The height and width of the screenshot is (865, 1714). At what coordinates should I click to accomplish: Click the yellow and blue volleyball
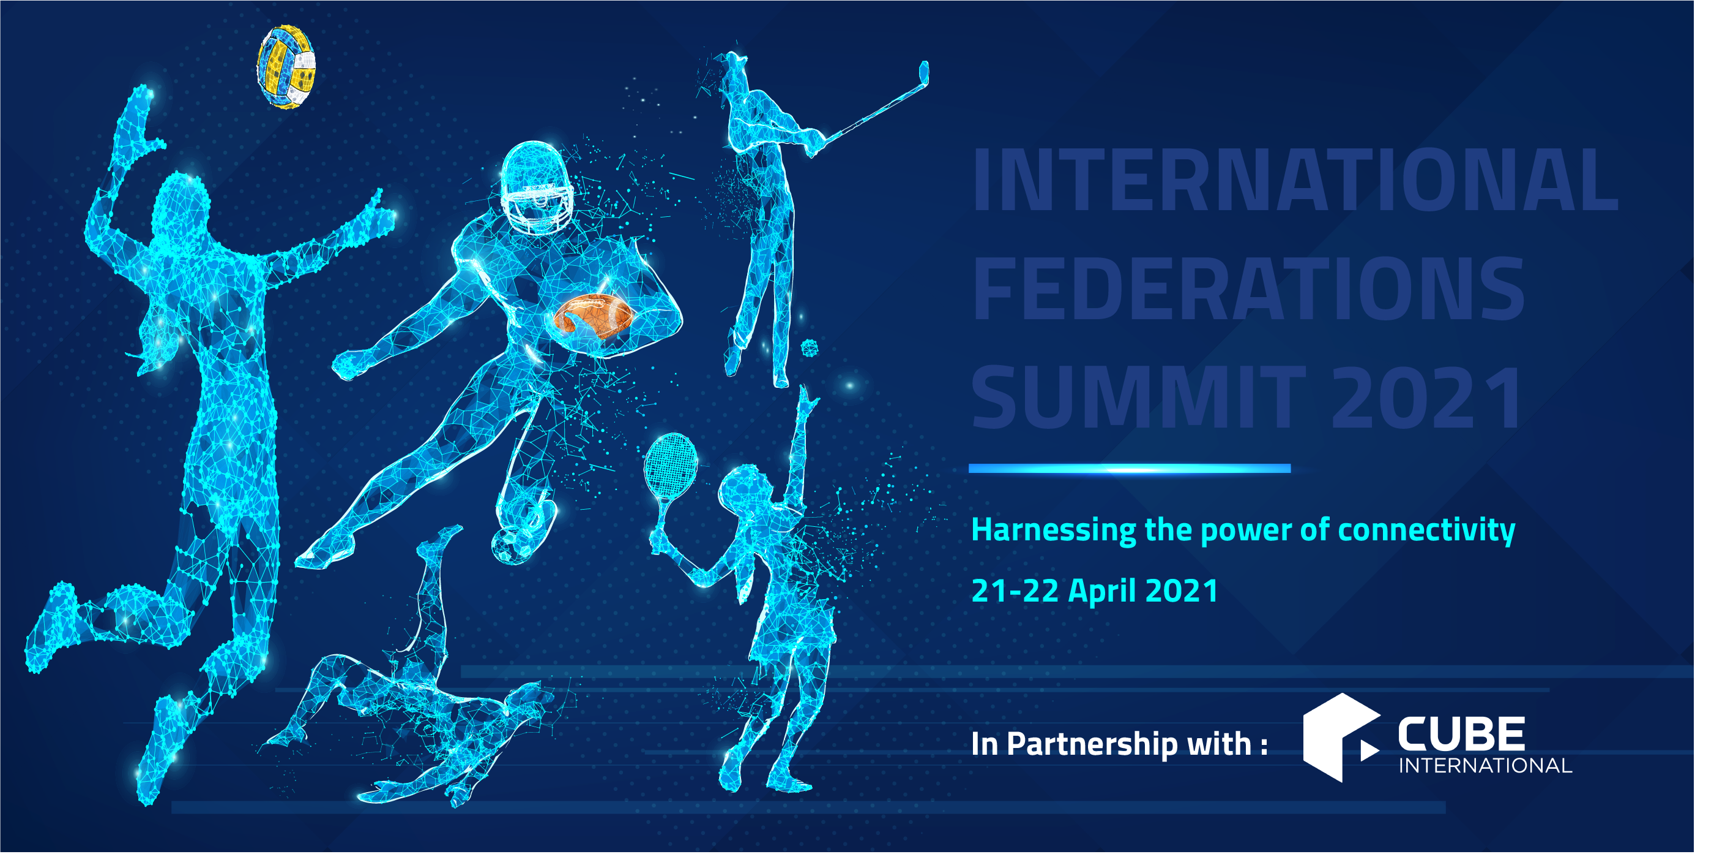click(x=287, y=67)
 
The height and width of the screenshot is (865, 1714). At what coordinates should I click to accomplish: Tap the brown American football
click(x=594, y=316)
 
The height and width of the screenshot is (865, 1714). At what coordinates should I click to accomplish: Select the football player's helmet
click(x=536, y=186)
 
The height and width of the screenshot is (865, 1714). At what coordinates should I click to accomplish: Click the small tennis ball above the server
click(x=810, y=347)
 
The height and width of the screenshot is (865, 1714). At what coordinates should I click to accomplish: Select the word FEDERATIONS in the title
click(x=1248, y=290)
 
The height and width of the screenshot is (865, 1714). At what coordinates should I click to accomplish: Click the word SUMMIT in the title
click(x=1138, y=398)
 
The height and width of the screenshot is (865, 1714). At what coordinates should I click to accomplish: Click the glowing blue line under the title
click(x=1129, y=469)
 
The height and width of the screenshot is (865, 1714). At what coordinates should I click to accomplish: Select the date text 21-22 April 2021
click(x=1095, y=591)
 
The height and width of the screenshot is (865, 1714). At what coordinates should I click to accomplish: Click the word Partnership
click(x=1092, y=744)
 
